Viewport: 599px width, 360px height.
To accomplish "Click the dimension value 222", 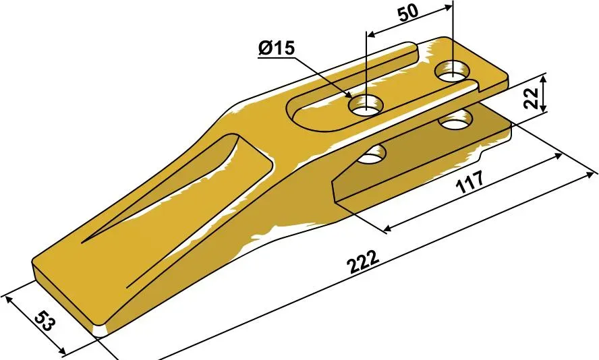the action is tap(364, 262).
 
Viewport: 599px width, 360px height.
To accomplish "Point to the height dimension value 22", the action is tap(532, 98).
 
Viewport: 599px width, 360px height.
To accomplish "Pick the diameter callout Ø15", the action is tap(277, 48).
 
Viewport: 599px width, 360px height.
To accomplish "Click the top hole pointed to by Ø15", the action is tap(366, 105).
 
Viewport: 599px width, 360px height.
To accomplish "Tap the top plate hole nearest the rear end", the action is tap(453, 71).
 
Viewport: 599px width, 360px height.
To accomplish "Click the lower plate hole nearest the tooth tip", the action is tap(372, 154).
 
